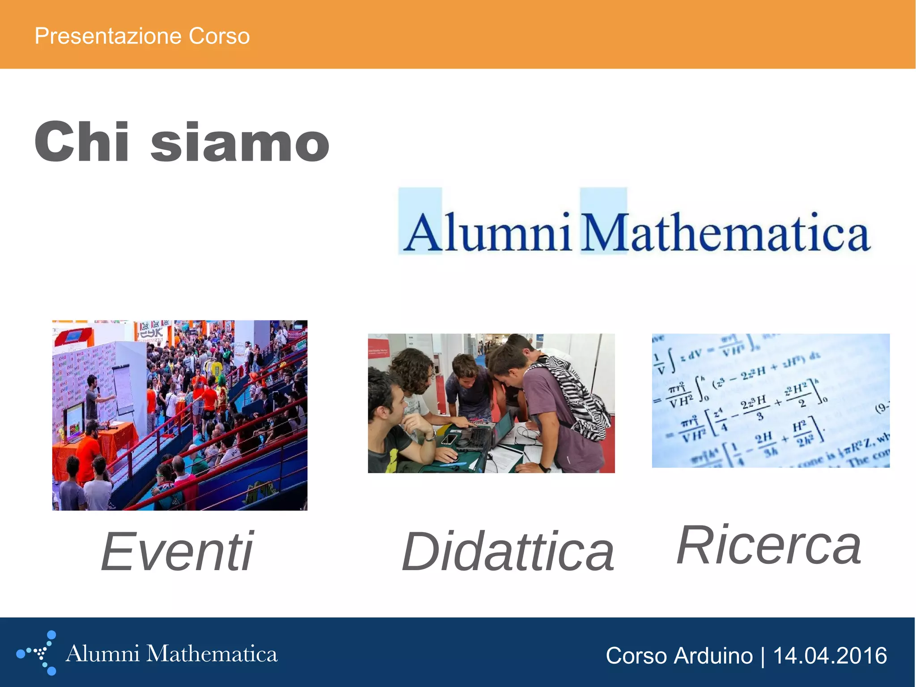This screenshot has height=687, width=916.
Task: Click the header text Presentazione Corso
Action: [142, 36]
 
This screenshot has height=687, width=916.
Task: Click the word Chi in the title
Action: [82, 142]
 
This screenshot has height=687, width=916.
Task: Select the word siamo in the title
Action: [240, 143]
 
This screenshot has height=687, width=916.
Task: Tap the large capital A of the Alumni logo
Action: [422, 233]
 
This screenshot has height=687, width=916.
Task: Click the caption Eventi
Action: [177, 551]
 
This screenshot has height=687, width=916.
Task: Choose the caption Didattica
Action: [508, 551]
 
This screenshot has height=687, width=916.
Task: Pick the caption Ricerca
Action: [768, 545]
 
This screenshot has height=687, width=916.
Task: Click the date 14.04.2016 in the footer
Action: [830, 656]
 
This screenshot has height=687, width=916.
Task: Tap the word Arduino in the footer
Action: [713, 656]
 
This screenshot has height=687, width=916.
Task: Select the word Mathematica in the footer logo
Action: [212, 654]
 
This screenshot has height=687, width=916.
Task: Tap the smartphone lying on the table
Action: [450, 439]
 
